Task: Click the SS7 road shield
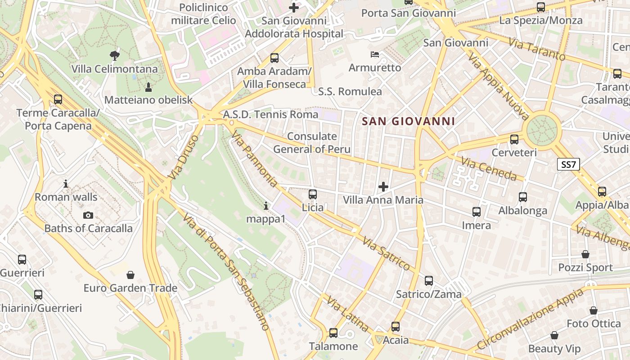[x=568, y=164]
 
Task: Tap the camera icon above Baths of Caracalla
[x=88, y=215]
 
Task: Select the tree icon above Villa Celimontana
[x=115, y=56]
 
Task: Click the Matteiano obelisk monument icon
[x=148, y=86]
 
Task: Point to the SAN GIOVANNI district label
[x=408, y=121]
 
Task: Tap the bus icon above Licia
[x=312, y=194]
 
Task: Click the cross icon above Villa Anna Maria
[x=383, y=186]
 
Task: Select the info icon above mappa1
[x=266, y=206]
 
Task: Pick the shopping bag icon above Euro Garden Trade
[x=130, y=274]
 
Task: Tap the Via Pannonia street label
[x=255, y=159]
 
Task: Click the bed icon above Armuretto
[x=374, y=54]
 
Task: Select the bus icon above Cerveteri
[x=514, y=139]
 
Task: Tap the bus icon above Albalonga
[x=522, y=197]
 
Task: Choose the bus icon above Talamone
[x=333, y=333]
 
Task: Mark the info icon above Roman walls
[x=66, y=184]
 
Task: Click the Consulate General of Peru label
[x=312, y=143]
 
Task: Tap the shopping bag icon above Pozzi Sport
[x=585, y=254]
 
